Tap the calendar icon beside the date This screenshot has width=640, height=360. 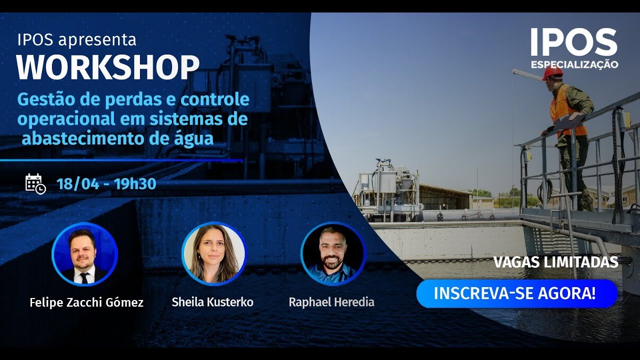coord(35,183)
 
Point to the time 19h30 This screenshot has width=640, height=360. coord(135,184)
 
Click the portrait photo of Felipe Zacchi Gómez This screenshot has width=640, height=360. coord(84,254)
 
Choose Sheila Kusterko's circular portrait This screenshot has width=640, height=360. coord(214,254)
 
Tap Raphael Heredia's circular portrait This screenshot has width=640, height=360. coord(333,254)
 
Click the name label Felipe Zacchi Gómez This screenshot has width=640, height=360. coord(86,302)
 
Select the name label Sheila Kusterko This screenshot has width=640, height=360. coord(212,302)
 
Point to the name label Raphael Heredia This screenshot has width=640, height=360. coord(331,302)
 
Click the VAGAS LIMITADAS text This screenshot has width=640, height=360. coord(555,262)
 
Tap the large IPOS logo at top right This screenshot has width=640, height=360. coord(573,43)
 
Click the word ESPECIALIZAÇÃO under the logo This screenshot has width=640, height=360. coord(574,64)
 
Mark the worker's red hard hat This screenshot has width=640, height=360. coord(552,73)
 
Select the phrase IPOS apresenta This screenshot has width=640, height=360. coord(76,39)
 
